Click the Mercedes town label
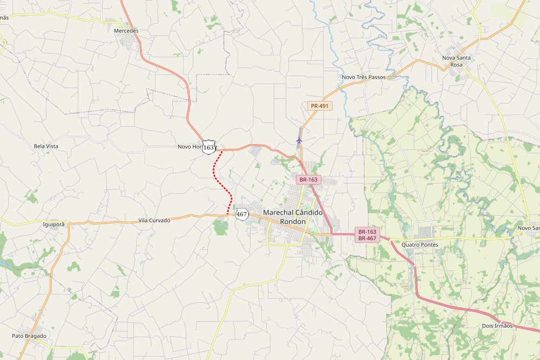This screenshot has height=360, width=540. (x=126, y=31)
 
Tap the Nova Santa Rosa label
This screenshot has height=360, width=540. (x=456, y=61)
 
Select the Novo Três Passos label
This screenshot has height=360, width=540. (x=364, y=77)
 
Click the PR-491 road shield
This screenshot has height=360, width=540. (x=320, y=106)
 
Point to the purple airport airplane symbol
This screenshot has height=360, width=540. (x=299, y=140)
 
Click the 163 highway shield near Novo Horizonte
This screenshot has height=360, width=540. (x=208, y=147)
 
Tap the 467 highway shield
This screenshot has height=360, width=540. (x=241, y=214)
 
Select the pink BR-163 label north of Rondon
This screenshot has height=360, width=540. (x=309, y=179)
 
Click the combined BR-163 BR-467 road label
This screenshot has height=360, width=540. (x=367, y=235)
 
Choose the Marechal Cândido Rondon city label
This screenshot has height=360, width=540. (x=292, y=217)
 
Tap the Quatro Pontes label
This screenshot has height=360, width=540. (x=420, y=244)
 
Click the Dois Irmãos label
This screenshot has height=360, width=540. (x=497, y=326)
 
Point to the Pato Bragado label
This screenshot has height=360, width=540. (x=29, y=336)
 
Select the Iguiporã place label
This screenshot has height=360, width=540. (x=53, y=223)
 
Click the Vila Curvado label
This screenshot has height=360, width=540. (x=154, y=220)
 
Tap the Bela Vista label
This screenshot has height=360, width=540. (x=46, y=146)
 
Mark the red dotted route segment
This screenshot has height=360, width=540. (x=222, y=181)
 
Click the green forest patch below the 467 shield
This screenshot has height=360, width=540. (x=220, y=228)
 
